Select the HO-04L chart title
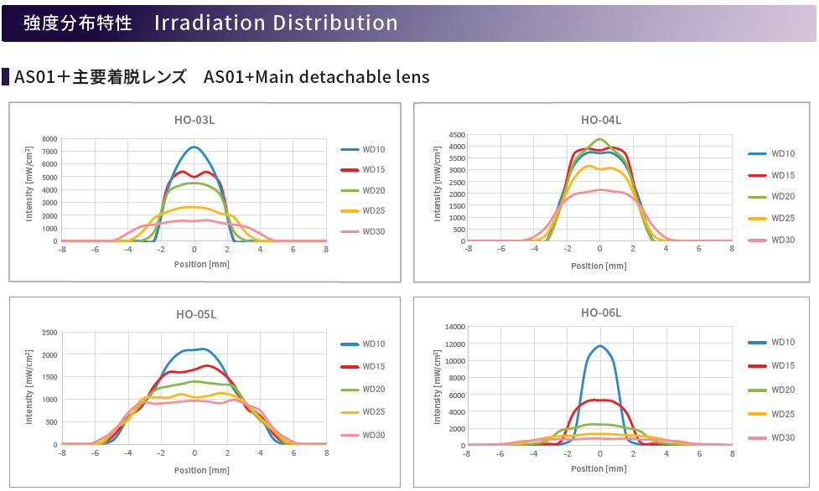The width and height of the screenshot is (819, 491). (601, 119)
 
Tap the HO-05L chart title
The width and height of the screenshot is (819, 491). (196, 314)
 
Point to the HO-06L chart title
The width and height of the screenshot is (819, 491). (601, 313)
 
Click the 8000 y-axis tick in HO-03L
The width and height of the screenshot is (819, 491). (50, 139)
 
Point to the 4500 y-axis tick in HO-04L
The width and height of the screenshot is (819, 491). (455, 134)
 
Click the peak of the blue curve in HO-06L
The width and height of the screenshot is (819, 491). (600, 345)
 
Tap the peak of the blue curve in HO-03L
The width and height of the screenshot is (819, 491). (194, 147)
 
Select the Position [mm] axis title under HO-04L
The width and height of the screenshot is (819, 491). (599, 266)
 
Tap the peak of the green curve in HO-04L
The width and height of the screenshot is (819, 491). (599, 139)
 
